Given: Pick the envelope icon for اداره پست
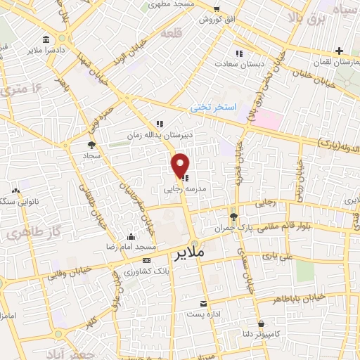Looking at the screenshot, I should (x=203, y=303).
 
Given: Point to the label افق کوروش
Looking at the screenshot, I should (x=214, y=19).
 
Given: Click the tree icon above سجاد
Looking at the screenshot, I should (x=92, y=144).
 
